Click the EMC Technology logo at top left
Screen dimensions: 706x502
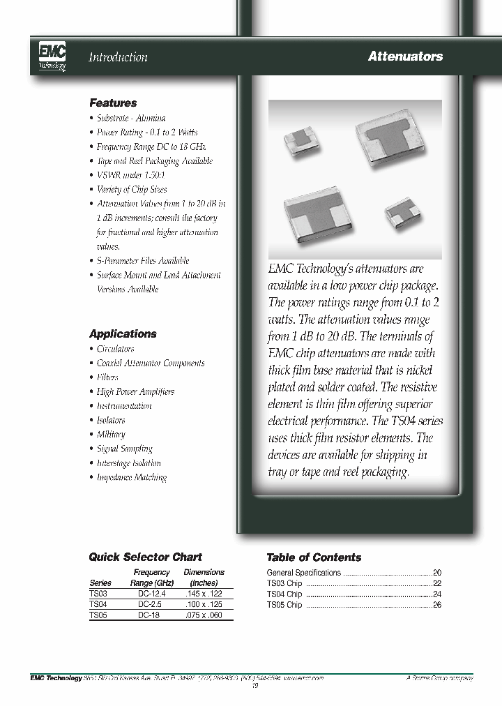[53, 56]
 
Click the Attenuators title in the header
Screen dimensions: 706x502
[405, 57]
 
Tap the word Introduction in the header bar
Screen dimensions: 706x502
[118, 57]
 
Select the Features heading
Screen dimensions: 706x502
[113, 103]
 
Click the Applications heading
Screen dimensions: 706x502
[123, 333]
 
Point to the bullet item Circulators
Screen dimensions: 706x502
[115, 349]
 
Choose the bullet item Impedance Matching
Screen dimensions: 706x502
[131, 477]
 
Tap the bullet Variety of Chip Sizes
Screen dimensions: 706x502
[132, 189]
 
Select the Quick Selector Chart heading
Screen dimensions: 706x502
[145, 557]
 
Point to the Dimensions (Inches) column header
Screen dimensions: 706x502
[204, 577]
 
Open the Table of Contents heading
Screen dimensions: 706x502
[314, 557]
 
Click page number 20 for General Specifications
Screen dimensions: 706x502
[437, 573]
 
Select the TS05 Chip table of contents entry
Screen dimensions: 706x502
[284, 605]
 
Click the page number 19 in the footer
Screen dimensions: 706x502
[254, 685]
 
